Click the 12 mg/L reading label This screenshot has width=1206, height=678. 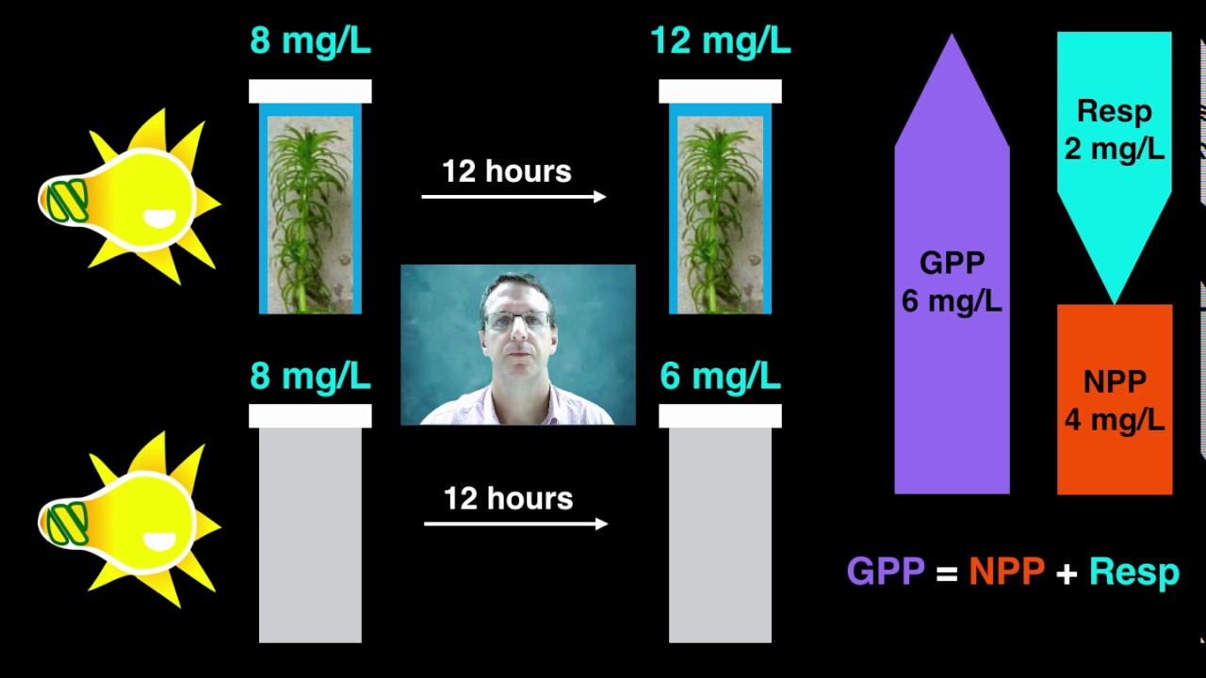pos(721,40)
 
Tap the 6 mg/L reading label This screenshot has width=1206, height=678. pos(721,376)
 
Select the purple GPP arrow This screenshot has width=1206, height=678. pos(952,264)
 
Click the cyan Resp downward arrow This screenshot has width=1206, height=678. pos(1115,161)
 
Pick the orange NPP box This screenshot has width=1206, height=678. pos(1115,399)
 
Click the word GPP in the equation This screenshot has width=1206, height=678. pos(886,571)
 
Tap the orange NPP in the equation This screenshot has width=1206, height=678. pos(1007,571)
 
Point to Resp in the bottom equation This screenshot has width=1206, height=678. pos(1134,573)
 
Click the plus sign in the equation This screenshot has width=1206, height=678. pos(1067,573)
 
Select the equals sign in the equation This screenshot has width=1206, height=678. pos(947,573)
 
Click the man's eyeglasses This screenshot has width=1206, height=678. pos(518,319)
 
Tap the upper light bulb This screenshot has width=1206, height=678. pos(129,197)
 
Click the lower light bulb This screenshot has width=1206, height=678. pos(129,520)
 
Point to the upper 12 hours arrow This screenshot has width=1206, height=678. pos(513,197)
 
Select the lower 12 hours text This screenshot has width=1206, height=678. pos(508,498)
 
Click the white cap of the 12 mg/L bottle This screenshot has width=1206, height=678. pos(721,91)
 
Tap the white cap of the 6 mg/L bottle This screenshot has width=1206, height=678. pos(721,416)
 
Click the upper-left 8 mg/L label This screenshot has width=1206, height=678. pos(310,40)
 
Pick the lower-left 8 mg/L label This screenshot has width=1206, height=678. pos(310,376)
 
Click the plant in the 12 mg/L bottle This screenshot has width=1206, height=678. pos(716,216)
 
